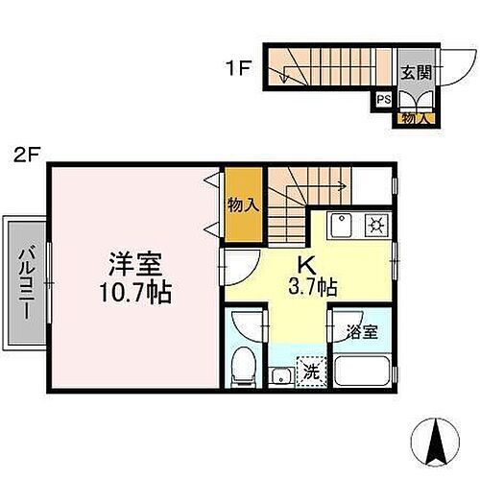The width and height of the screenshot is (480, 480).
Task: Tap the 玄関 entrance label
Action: pyautogui.click(x=415, y=71)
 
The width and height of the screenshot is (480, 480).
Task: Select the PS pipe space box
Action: pyautogui.click(x=383, y=99)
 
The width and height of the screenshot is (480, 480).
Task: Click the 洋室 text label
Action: pyautogui.click(x=133, y=262)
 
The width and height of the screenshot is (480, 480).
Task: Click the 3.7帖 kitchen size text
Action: pyautogui.click(x=312, y=286)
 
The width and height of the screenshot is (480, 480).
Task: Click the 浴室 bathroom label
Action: pyautogui.click(x=362, y=331)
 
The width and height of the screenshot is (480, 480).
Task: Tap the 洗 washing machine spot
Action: pyautogui.click(x=311, y=368)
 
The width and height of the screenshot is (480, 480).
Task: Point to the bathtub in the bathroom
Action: pyautogui.click(x=361, y=370)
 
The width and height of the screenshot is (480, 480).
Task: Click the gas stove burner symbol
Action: pyautogui.click(x=376, y=227)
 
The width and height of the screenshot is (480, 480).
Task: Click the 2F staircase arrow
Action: pyautogui.click(x=326, y=190)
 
